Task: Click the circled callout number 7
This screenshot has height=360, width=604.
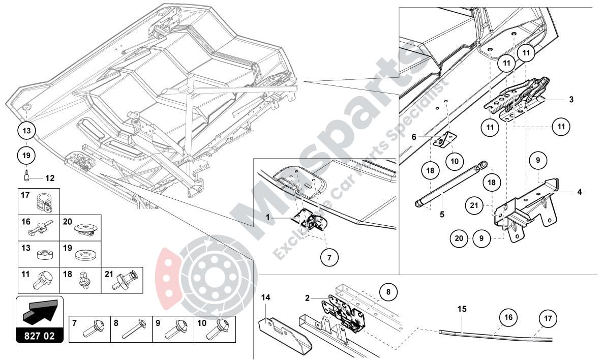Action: coord(329,258)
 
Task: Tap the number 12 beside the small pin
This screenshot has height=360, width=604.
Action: coord(49,178)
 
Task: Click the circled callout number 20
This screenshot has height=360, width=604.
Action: coord(459,237)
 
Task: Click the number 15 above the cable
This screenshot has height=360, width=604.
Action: coord(461,308)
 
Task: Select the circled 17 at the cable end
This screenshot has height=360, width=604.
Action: coord(548,319)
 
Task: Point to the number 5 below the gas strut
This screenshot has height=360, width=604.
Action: coord(442,215)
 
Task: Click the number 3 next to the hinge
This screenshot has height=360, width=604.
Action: coord(571,100)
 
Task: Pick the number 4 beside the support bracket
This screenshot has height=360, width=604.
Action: coord(579,192)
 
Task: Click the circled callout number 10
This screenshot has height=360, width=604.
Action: coord(456,160)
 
